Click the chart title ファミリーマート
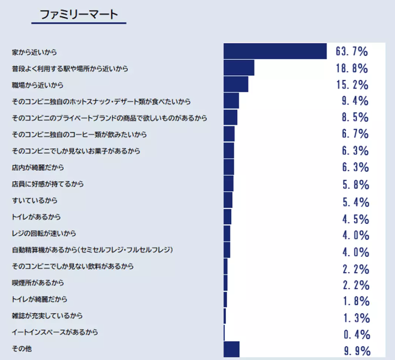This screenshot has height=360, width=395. [x=79, y=14]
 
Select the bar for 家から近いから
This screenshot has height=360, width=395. [x=275, y=51]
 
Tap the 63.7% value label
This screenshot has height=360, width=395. [x=352, y=51]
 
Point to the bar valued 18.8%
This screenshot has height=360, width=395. [x=239, y=68]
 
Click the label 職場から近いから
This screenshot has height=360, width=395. [x=38, y=85]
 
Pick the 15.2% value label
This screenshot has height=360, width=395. [x=352, y=85]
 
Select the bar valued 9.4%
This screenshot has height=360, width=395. [x=231, y=101]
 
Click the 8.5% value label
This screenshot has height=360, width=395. [x=355, y=117]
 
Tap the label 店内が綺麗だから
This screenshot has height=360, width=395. [x=38, y=167]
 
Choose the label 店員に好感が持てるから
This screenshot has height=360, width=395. [x=48, y=184]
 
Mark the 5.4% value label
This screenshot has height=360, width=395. [x=355, y=202]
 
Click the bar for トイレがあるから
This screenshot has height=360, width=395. [x=228, y=217]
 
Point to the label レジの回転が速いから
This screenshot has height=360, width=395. [x=44, y=234]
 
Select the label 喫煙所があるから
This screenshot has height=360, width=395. [x=38, y=283]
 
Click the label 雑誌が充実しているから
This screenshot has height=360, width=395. [x=48, y=316]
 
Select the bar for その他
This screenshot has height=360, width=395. [x=232, y=349]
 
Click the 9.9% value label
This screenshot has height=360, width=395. [x=356, y=351]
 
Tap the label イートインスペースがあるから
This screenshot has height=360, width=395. [x=55, y=332]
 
